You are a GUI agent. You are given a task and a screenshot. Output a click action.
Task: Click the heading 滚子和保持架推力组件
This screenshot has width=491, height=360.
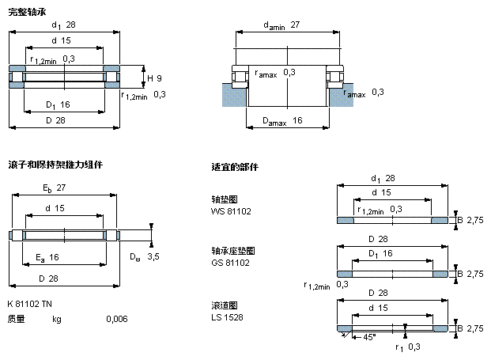pos(55,165)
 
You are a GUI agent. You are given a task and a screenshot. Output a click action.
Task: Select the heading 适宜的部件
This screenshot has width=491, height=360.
pos(235,167)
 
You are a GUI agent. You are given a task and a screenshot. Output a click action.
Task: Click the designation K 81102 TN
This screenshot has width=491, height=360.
pos(29,304)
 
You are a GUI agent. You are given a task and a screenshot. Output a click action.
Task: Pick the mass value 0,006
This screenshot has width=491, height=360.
pos(116,320)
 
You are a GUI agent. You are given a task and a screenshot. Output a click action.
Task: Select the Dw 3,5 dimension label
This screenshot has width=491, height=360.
pos(144,256)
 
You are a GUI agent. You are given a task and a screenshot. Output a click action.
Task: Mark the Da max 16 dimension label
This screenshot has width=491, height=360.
pos(285,120)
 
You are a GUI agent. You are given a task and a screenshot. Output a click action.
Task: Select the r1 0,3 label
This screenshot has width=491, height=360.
pos(408,347)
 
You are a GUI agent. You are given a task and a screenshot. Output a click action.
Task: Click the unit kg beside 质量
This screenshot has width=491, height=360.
pos(56,320)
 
